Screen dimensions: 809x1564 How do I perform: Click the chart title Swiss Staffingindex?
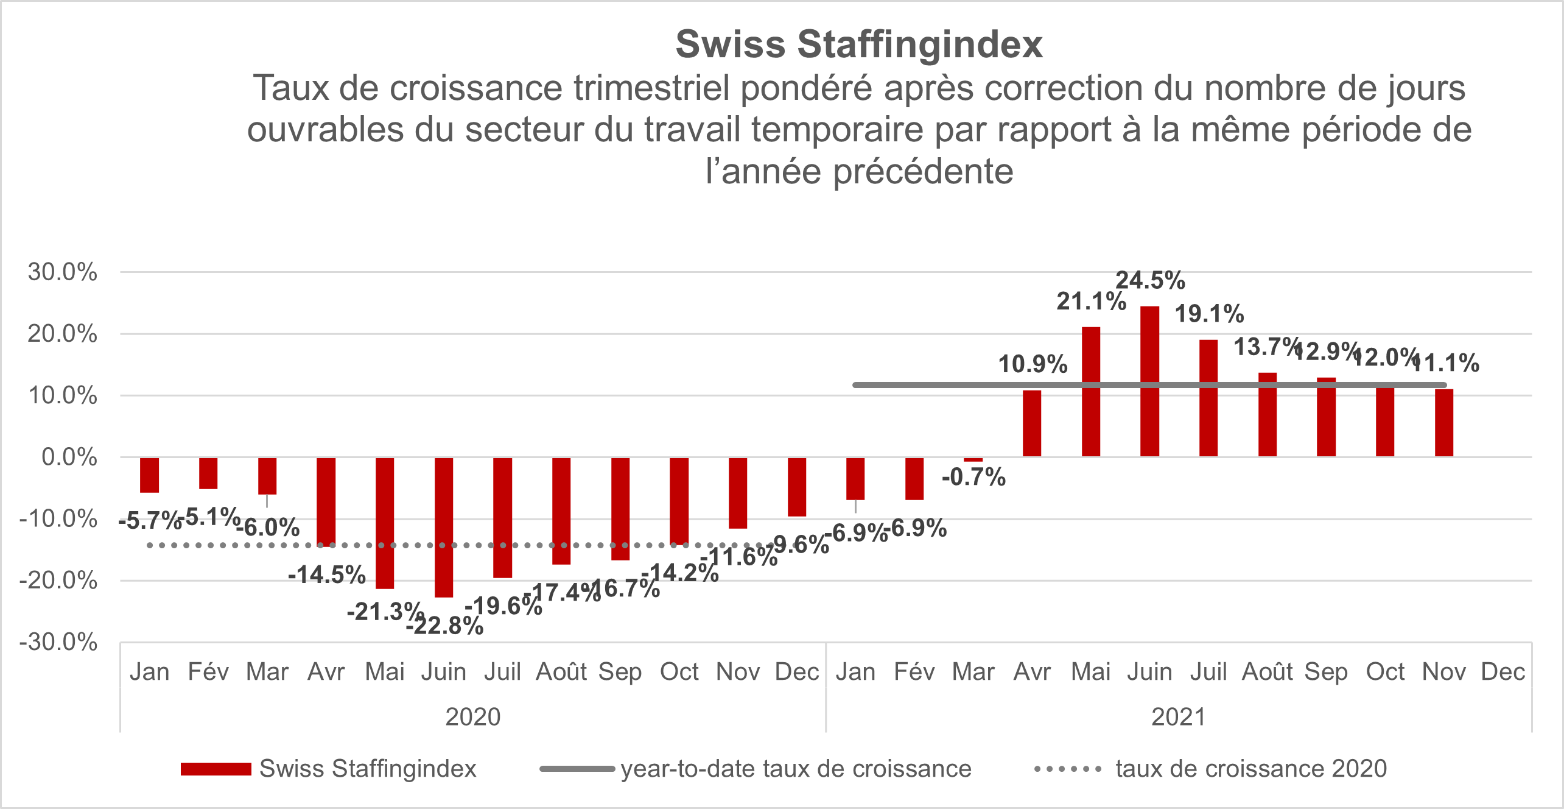point(859,44)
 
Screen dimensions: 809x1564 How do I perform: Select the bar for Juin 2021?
point(1149,381)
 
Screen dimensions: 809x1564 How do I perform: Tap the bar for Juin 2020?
point(444,527)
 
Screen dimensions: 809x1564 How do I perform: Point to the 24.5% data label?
point(1150,281)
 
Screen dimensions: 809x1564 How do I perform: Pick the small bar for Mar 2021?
point(973,459)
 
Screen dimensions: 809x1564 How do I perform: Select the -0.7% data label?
point(973,477)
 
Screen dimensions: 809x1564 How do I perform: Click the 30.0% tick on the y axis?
point(62,272)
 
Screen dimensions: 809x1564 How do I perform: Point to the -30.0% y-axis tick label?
point(58,642)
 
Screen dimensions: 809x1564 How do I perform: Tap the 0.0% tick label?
point(69,457)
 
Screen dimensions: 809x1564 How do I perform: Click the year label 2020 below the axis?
point(473,717)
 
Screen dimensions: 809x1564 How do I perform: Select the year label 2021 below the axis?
point(1179,717)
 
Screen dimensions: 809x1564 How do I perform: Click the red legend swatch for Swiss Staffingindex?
point(216,769)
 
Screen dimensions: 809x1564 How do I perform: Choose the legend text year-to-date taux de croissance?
point(796,769)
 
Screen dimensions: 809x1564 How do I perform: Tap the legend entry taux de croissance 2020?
point(1251,769)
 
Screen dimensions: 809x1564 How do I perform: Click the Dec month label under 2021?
point(1503,672)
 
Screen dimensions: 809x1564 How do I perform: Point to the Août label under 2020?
point(561,672)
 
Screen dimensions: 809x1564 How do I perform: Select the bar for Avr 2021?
point(1032,423)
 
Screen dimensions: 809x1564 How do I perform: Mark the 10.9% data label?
point(1033,364)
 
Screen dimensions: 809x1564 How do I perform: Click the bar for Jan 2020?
point(149,475)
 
